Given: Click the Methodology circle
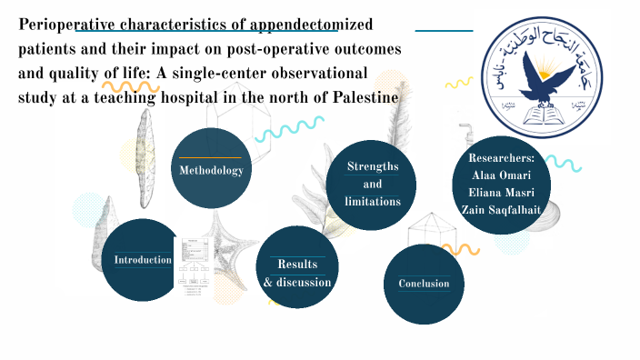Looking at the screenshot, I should point(211,170).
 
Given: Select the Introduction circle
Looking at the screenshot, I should point(142,260).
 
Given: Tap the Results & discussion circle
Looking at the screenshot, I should point(297,273).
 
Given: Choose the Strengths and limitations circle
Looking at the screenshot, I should point(373,184).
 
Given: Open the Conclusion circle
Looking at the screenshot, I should point(424,284).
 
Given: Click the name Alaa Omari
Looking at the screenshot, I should point(502,175).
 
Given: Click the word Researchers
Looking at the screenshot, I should point(502,158).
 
